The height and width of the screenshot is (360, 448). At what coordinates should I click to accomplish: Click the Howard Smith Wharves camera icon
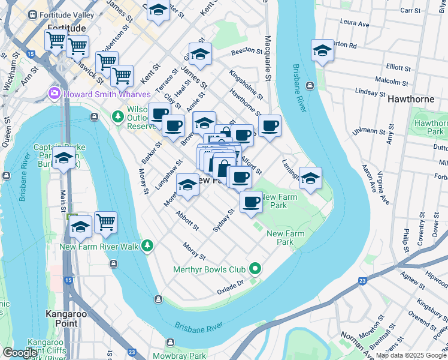click(55, 94)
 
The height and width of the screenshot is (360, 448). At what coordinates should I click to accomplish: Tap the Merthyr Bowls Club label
click(210, 269)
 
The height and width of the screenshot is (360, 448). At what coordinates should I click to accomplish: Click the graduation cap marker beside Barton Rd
click(322, 51)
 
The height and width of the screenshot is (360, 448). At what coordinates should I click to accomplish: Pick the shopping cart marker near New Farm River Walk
click(105, 221)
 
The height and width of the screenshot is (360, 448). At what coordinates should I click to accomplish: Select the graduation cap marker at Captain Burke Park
click(63, 158)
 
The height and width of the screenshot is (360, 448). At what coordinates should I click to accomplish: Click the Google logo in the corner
click(20, 353)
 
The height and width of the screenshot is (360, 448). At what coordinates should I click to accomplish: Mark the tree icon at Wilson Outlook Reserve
click(118, 114)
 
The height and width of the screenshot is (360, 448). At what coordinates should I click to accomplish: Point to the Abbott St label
click(187, 220)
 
